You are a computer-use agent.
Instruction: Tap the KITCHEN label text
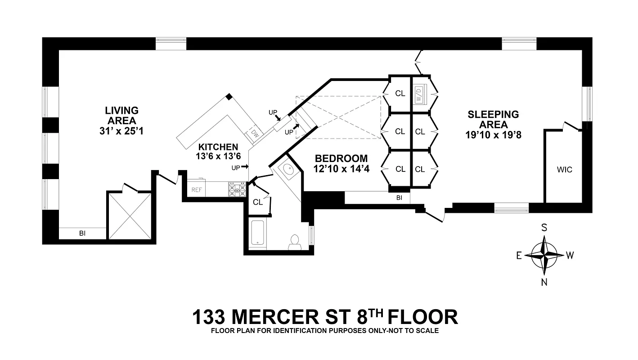tap(218, 147)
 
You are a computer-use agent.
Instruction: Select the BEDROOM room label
tap(341, 158)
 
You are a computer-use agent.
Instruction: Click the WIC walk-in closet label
tap(564, 170)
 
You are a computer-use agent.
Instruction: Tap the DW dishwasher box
tap(255, 133)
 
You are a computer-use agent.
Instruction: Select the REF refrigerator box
tap(197, 190)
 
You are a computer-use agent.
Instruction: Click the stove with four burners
tap(237, 190)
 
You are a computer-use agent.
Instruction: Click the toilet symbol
tap(295, 242)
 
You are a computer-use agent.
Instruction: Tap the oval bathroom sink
tap(287, 170)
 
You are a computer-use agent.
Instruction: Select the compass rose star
tap(544, 255)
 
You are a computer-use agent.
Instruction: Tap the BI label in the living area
tap(82, 234)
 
